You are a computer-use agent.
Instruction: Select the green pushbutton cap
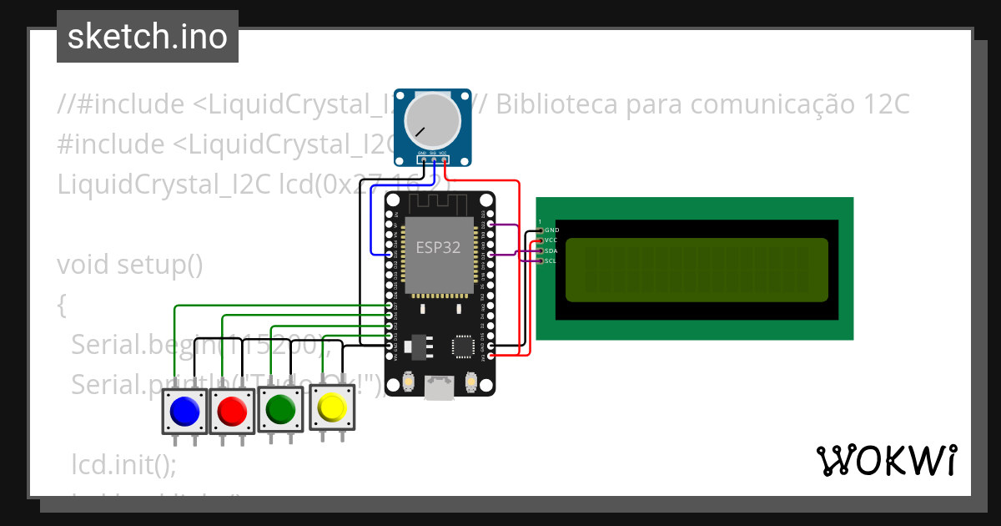(280, 409)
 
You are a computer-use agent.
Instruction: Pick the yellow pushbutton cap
(332, 407)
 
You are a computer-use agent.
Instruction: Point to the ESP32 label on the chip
(438, 247)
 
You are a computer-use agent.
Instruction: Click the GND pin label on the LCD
(551, 230)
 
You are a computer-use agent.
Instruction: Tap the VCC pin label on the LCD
(551, 240)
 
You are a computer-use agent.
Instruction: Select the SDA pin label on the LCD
(551, 250)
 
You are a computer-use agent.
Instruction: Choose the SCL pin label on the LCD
(551, 261)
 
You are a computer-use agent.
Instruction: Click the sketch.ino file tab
(148, 37)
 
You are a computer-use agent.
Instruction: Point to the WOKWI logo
(886, 460)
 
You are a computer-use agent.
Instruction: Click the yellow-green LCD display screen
(697, 270)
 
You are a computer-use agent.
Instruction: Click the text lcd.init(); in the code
(124, 463)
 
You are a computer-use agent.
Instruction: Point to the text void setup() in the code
(130, 265)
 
